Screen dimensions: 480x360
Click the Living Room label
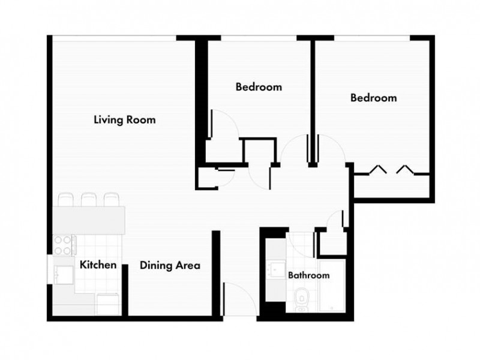[125, 119]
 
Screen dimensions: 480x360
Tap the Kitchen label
[98, 265]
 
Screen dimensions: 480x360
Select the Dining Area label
[170, 265]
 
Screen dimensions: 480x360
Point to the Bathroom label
[308, 275]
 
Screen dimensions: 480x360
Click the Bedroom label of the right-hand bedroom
[373, 98]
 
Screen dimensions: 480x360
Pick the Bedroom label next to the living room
[259, 87]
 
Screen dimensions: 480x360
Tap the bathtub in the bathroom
[332, 286]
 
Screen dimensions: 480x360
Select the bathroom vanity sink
[276, 269]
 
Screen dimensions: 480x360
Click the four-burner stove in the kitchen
[64, 245]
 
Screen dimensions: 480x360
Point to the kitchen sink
[64, 275]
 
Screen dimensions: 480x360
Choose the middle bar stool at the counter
[89, 200]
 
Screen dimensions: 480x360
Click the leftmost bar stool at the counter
[66, 200]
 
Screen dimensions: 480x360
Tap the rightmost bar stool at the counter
[112, 200]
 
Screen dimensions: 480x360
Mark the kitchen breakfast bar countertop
[89, 220]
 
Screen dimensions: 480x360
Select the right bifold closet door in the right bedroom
[406, 169]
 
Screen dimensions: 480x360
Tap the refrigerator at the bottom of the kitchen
[108, 304]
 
